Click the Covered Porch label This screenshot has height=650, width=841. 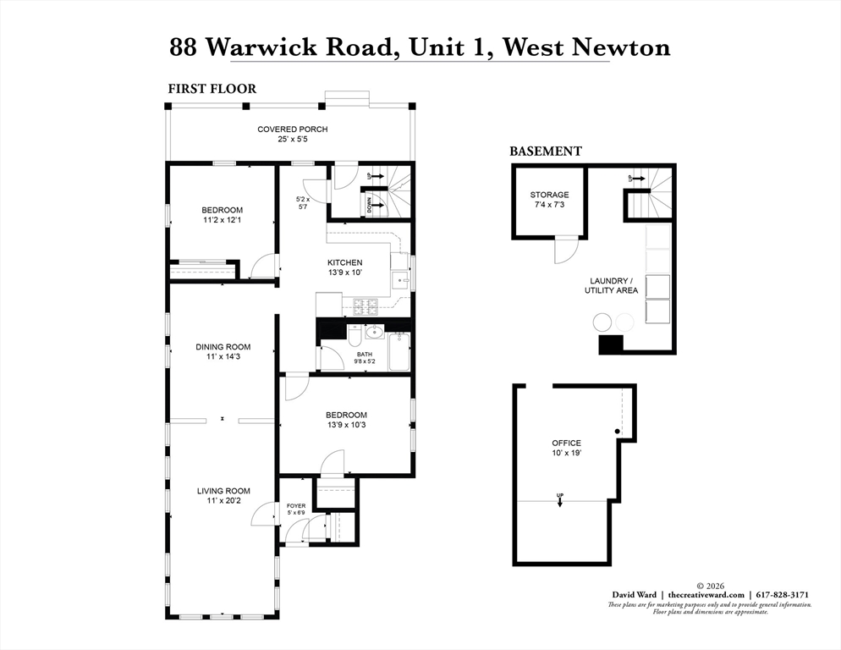click(x=292, y=129)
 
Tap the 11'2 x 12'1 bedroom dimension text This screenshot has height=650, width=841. click(x=222, y=220)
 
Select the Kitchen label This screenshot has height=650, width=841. click(x=345, y=262)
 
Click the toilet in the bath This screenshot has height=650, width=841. click(x=356, y=338)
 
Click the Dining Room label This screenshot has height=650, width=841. click(x=223, y=346)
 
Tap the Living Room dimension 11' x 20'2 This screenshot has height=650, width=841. click(x=223, y=501)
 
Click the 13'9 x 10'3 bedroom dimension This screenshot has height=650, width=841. click(x=345, y=425)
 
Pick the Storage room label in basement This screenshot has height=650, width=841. click(x=549, y=195)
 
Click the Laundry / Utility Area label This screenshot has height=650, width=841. click(x=609, y=285)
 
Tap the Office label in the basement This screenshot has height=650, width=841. click(x=566, y=443)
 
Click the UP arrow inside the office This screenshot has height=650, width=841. click(x=560, y=499)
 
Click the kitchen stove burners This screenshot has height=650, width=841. click(x=365, y=305)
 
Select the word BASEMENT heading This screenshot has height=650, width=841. click(x=545, y=151)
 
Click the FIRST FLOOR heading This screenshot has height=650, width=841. click(x=212, y=88)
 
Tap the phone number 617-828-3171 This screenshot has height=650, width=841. click(x=783, y=594)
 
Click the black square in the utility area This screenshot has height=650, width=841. click(x=610, y=344)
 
